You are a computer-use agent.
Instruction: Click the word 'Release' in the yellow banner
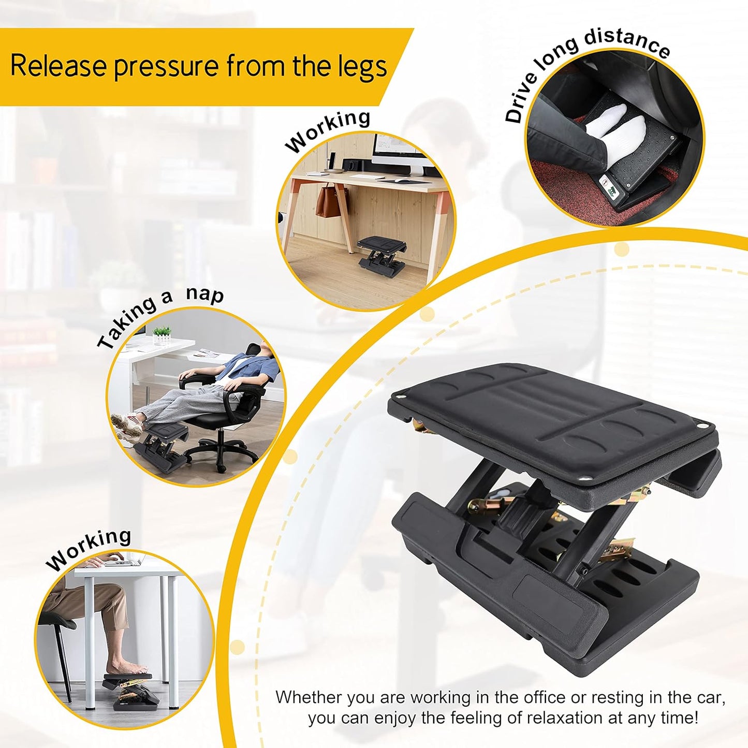58,66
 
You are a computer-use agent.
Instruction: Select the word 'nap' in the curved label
205,294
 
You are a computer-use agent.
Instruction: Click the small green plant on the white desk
162,334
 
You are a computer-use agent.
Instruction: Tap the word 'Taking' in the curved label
127,324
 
